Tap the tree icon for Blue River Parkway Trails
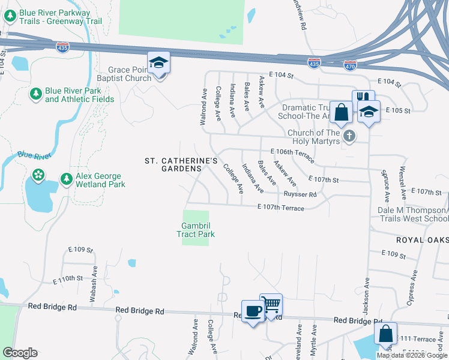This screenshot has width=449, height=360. click(10, 16)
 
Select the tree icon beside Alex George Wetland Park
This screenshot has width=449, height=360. click(67, 179)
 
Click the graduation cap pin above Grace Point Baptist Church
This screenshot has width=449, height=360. click(159, 63)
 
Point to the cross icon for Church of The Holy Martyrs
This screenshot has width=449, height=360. click(349, 137)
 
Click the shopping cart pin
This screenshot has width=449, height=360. click(271, 305)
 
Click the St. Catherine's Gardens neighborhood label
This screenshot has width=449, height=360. click(181, 165)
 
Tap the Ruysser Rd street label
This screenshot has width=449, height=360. click(301, 194)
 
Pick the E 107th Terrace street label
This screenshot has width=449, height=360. click(280, 208)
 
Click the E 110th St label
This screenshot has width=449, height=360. click(67, 279)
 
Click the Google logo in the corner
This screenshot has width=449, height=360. click(20, 353)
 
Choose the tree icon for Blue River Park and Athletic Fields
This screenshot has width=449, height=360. click(36, 94)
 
